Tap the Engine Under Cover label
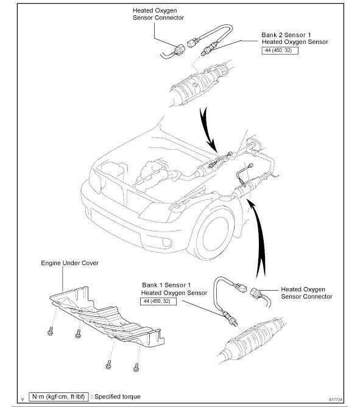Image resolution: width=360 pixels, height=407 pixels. (x=70, y=263)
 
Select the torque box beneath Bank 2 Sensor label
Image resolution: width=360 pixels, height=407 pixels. (x=280, y=51)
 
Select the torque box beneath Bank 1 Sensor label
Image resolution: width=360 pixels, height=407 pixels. (x=158, y=301)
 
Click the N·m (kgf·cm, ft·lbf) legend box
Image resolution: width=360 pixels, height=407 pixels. (x=58, y=397)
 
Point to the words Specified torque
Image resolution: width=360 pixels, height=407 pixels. (x=118, y=397)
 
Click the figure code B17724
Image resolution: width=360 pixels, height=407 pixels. (x=336, y=400)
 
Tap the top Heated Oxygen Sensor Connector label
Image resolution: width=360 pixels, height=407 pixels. (x=158, y=14)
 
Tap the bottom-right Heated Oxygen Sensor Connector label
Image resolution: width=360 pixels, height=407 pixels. (x=306, y=293)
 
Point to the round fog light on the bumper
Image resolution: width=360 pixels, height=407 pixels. (x=167, y=242)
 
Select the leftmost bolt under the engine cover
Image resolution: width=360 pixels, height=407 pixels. (x=51, y=331)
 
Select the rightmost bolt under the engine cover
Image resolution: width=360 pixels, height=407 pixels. (x=136, y=367)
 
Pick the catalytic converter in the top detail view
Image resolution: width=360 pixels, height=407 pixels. (x=200, y=84)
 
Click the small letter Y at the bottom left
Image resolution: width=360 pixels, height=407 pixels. (x=23, y=400)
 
